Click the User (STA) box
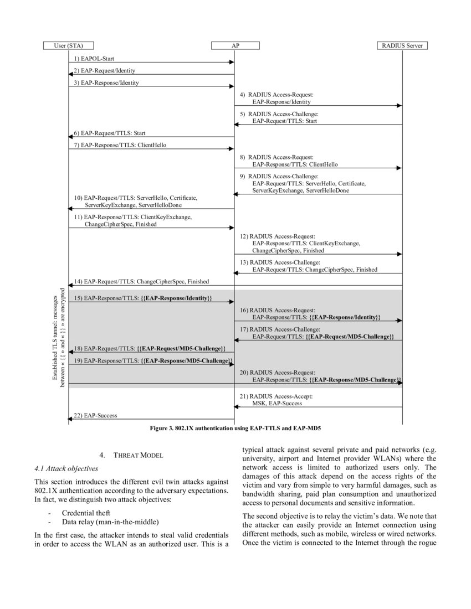[68, 45]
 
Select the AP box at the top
[235, 45]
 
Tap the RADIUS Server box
[402, 45]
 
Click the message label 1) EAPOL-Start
[94, 58]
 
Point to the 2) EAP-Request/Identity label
[104, 71]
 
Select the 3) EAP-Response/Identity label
[106, 83]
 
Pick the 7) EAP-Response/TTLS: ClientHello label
[120, 145]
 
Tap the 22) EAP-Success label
[95, 415]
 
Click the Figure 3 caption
[235, 429]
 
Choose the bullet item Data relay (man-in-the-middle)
[105, 522]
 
